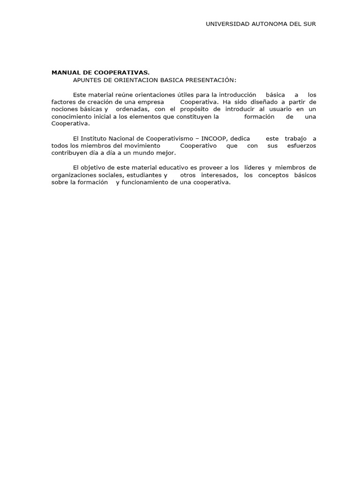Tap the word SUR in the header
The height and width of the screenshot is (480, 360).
coord(309,24)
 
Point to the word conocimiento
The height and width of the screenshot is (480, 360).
coord(71,117)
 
